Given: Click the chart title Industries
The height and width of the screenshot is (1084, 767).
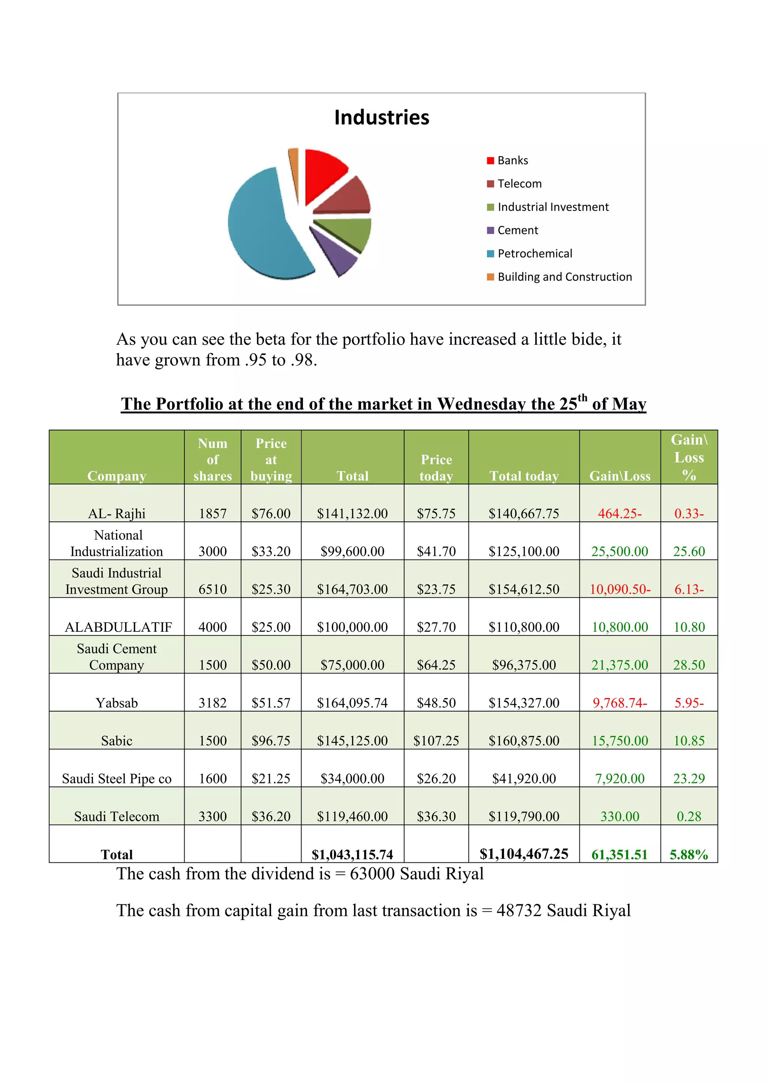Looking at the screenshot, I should click(382, 118).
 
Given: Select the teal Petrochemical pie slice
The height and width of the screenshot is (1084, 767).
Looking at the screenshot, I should click(262, 226).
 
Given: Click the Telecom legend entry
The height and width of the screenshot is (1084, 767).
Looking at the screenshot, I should click(519, 184).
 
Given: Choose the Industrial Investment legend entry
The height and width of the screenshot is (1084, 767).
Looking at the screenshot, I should click(552, 207).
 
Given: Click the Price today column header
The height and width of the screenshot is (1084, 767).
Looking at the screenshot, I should click(436, 468).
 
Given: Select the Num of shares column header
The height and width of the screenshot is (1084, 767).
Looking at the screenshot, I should click(212, 459).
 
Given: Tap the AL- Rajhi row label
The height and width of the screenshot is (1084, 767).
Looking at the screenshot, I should click(116, 513).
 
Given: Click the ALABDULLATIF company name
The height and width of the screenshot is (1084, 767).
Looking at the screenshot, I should click(118, 627).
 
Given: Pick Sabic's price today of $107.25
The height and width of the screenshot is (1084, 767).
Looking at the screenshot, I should click(436, 740).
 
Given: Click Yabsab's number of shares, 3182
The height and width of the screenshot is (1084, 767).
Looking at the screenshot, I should click(212, 703).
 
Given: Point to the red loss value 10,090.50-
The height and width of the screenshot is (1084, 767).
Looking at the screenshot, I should click(620, 589).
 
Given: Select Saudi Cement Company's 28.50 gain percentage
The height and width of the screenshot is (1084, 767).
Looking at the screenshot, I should click(689, 665).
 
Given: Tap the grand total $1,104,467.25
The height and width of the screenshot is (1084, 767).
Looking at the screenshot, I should click(524, 853).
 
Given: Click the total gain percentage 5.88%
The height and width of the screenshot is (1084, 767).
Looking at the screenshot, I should click(689, 855).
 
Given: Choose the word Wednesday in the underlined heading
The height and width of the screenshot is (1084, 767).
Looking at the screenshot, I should click(481, 404).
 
